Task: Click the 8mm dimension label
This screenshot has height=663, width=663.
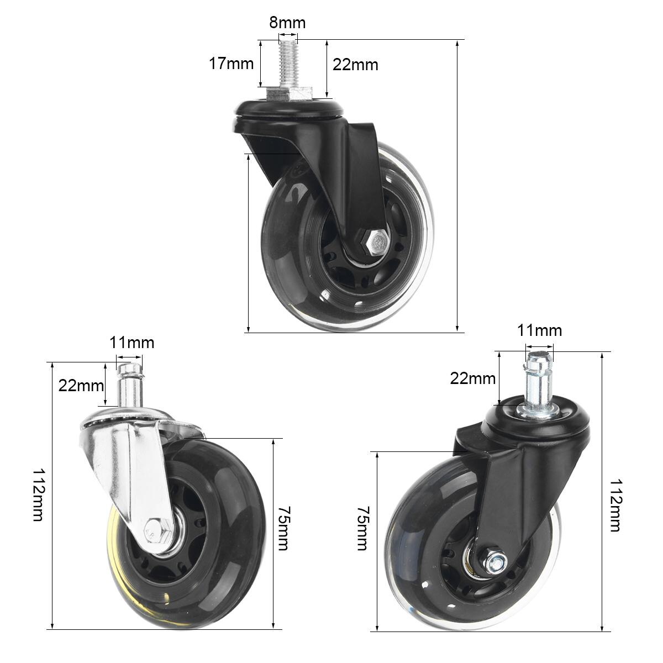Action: coord(287,23)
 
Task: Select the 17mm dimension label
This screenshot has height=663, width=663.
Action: coord(231,64)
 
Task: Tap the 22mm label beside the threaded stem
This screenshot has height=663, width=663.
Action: coord(355,65)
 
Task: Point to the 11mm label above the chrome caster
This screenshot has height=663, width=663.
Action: coord(131,343)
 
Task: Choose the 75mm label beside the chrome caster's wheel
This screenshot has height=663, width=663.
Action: coord(283,528)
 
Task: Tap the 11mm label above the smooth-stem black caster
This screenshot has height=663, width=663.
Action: coord(539,330)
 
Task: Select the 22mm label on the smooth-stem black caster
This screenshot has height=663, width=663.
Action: coord(473,378)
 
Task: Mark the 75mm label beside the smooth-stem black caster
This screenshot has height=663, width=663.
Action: coord(362,528)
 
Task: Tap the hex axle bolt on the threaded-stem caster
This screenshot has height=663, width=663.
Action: coord(379,242)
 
